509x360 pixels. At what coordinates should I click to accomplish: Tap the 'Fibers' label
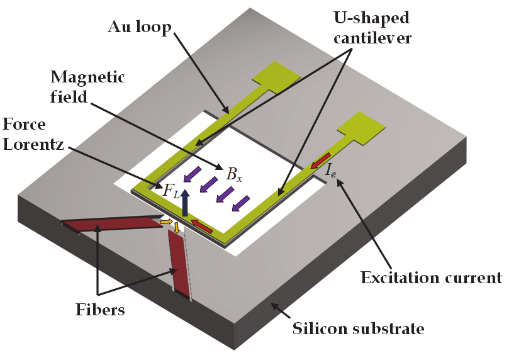click(x=98, y=310)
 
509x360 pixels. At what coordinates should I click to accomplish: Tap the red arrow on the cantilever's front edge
click(x=201, y=224)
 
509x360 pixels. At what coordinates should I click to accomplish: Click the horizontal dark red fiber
click(x=110, y=223)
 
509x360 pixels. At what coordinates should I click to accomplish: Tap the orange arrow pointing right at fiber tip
click(x=165, y=222)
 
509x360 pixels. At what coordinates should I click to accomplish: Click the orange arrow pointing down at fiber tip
click(x=177, y=227)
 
